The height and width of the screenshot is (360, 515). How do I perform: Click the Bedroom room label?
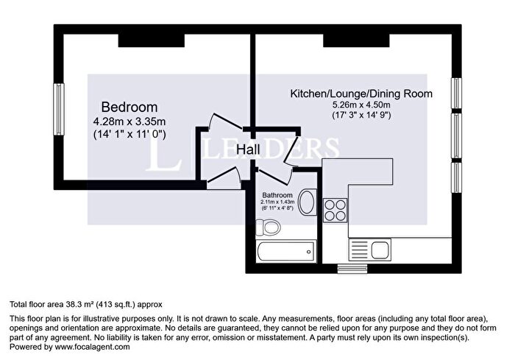click(129, 107)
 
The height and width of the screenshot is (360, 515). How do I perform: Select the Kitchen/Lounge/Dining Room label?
click(360, 93)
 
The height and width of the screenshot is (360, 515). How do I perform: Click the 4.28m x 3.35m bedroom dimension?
click(129, 121)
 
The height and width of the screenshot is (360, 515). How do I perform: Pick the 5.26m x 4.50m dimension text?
click(360, 105)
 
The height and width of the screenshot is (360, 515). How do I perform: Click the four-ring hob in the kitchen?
click(335, 209)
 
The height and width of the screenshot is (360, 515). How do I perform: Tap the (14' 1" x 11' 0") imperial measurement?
click(129, 135)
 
